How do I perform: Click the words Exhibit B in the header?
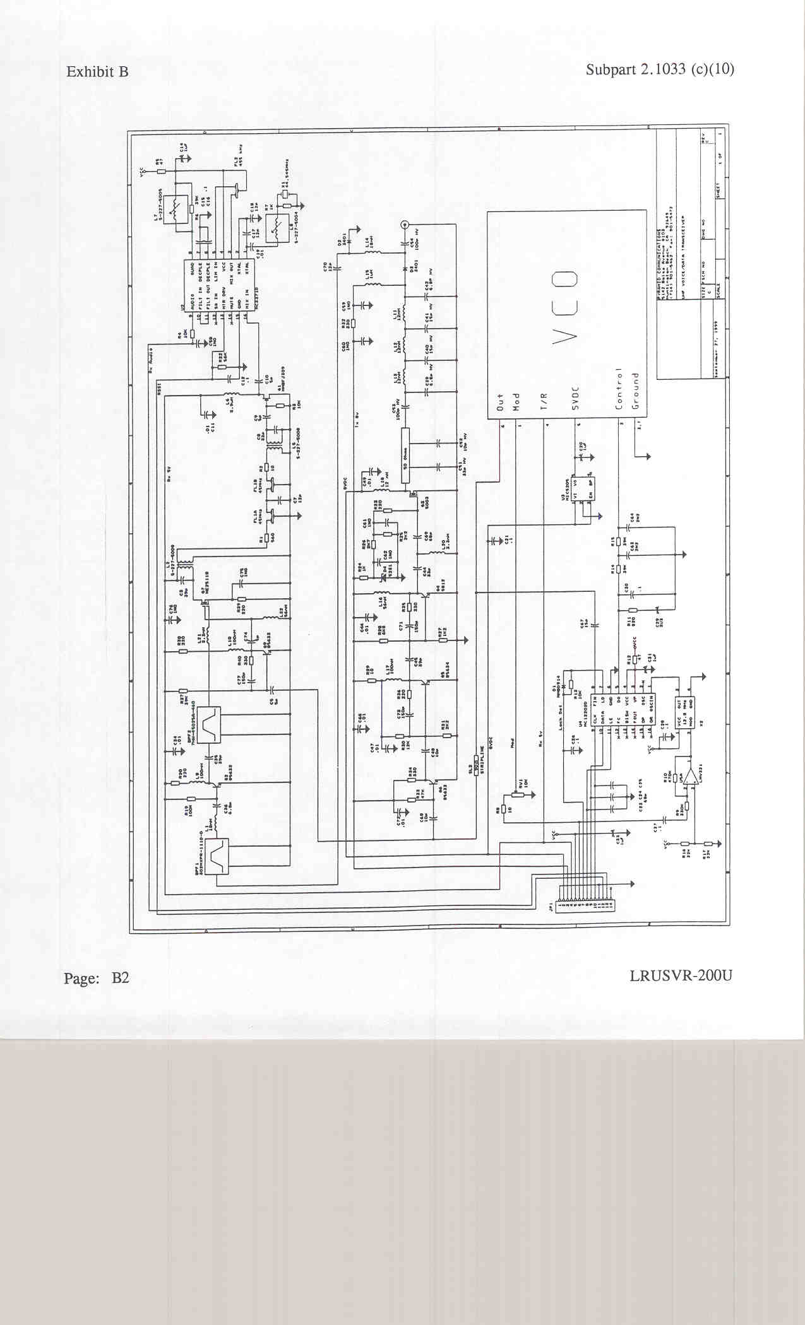click(97, 72)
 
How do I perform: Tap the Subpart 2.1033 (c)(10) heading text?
click(660, 69)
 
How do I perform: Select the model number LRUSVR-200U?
click(681, 975)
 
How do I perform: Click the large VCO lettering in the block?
click(564, 309)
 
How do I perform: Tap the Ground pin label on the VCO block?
click(636, 391)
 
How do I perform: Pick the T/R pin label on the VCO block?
click(544, 400)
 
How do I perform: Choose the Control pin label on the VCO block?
click(620, 389)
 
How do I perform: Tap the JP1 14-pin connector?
click(585, 905)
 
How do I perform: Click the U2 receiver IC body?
click(220, 285)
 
